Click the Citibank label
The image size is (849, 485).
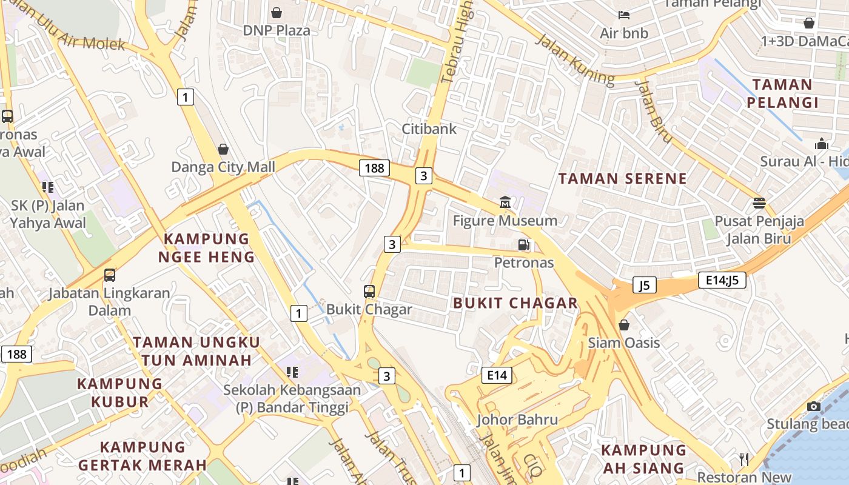[x=429, y=129]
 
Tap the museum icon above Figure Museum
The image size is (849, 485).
[x=505, y=202]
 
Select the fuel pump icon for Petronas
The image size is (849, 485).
[x=523, y=245]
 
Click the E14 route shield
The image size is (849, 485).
[x=496, y=375]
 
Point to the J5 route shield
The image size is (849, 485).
[x=644, y=284]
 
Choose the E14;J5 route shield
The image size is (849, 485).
[x=722, y=280]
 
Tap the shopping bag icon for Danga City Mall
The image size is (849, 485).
[x=223, y=149]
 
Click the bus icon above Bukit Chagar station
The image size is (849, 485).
[x=369, y=292]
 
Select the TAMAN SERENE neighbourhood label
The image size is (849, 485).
[x=623, y=179]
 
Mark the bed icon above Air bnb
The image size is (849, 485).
[x=624, y=15]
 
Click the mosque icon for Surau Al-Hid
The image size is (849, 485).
[x=822, y=144]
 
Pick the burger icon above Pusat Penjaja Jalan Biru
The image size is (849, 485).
[x=759, y=202]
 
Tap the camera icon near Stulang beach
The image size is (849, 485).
[x=814, y=406]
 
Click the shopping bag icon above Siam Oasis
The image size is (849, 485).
[x=624, y=326]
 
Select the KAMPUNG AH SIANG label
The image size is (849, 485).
[x=643, y=459]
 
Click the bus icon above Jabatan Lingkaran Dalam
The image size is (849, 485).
[x=110, y=275]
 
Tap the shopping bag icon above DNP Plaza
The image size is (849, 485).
[x=277, y=13]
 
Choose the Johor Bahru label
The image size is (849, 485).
[x=517, y=420]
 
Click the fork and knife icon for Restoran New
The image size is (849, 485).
[x=745, y=460]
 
